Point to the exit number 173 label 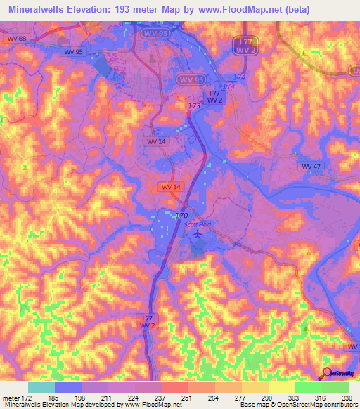(x=194, y=105)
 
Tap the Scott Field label (x=198, y=225)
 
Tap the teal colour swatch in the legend (x=41, y=387)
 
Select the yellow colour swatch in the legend (x=281, y=387)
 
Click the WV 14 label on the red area (x=171, y=186)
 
